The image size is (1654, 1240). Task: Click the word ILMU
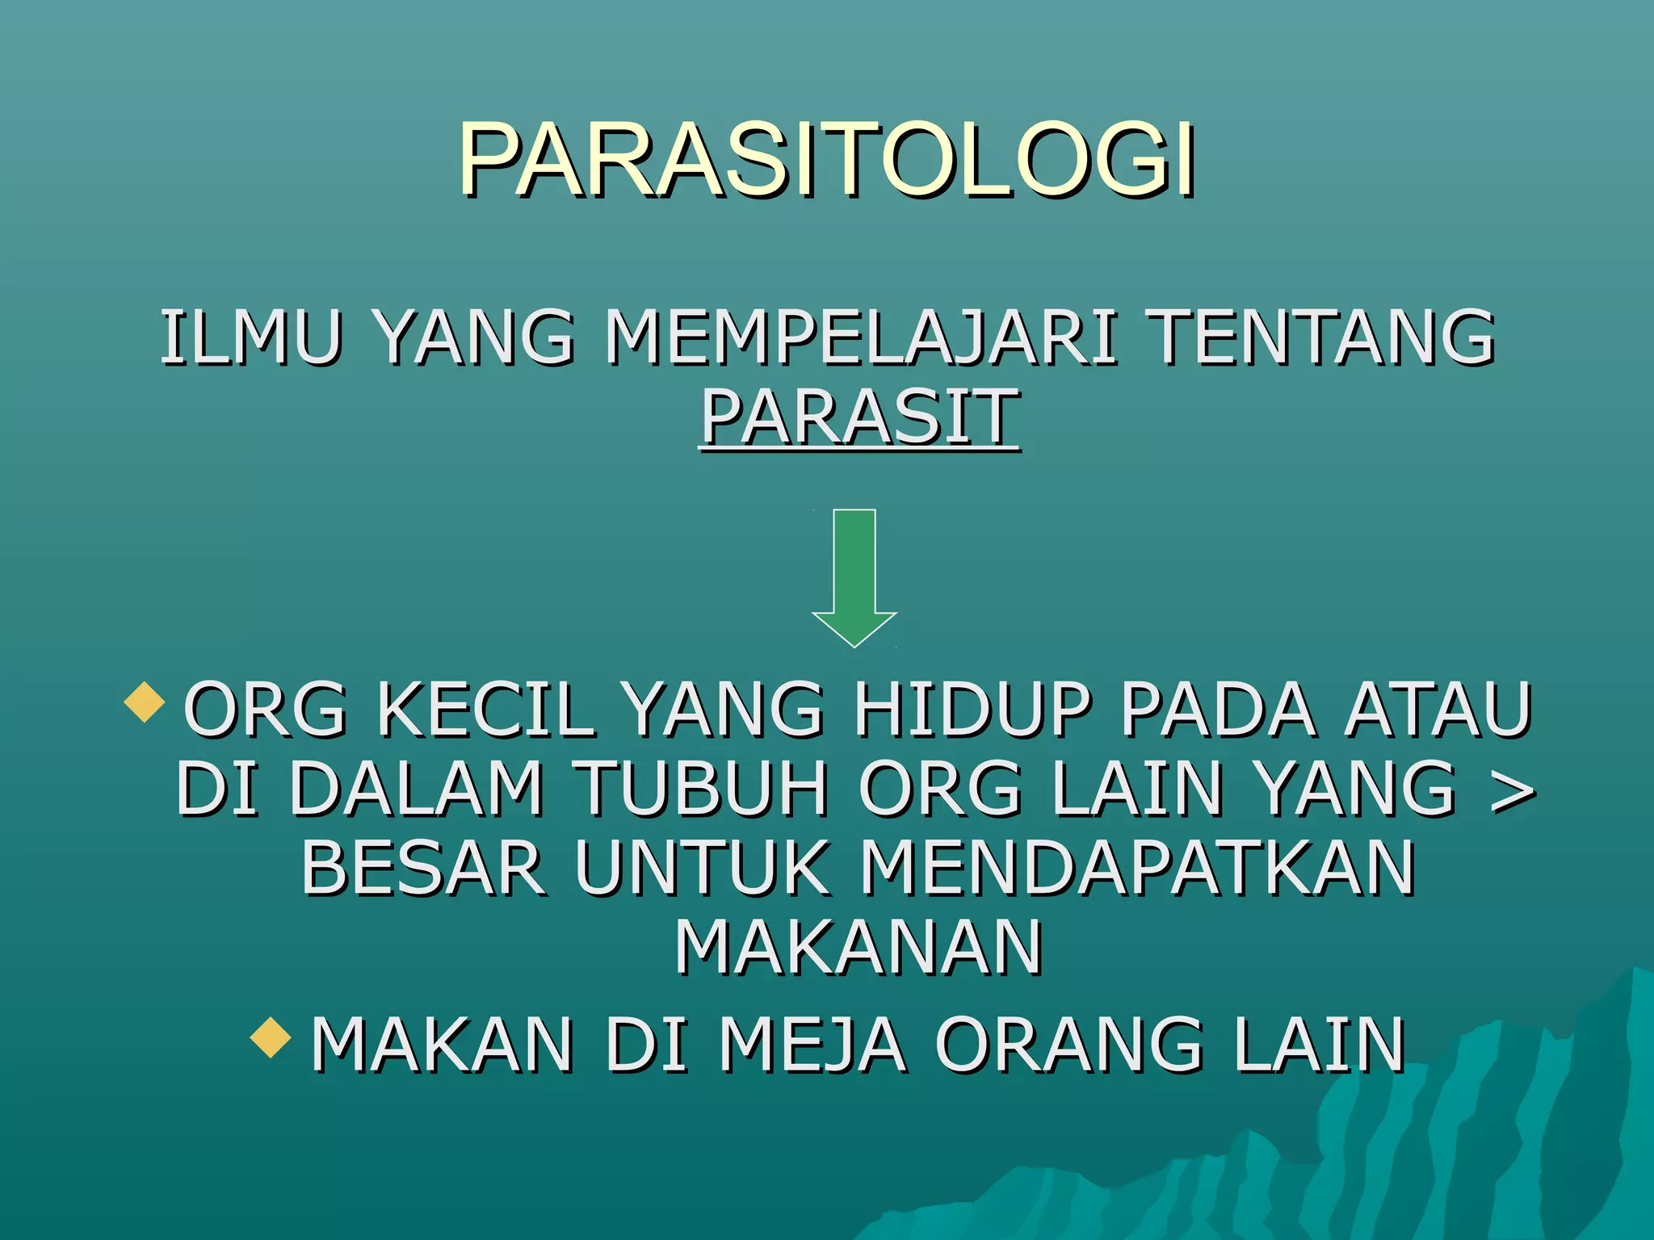(x=251, y=338)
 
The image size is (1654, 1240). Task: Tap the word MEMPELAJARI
(x=861, y=338)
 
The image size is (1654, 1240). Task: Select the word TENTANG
(x=1321, y=338)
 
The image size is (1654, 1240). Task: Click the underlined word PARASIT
(x=859, y=418)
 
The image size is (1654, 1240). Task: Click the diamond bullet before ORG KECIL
(x=145, y=701)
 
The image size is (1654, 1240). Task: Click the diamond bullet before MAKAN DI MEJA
(x=271, y=1038)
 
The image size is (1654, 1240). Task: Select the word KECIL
(x=486, y=710)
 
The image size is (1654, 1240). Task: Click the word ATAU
(x=1438, y=710)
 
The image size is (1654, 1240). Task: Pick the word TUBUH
(x=700, y=789)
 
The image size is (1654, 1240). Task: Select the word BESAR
(x=423, y=868)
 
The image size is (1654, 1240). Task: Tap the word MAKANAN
(x=858, y=947)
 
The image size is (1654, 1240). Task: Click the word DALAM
(x=416, y=789)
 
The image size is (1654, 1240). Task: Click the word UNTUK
(x=703, y=868)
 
